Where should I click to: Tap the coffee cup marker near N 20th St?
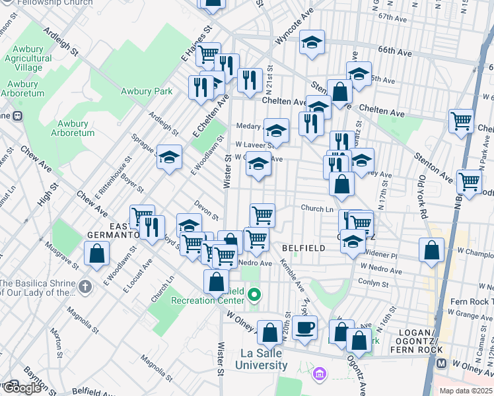click(x=304, y=327)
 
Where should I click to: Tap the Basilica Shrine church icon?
click(x=85, y=287)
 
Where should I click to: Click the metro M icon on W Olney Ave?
click(x=442, y=364)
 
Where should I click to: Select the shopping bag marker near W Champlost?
click(x=431, y=250)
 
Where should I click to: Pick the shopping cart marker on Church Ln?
click(x=263, y=214)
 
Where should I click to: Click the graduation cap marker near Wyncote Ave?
click(x=312, y=43)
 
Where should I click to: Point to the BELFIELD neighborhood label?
click(x=303, y=248)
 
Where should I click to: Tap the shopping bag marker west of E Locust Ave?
click(x=96, y=253)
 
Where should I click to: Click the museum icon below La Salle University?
click(x=320, y=374)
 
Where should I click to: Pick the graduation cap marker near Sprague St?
click(x=169, y=157)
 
